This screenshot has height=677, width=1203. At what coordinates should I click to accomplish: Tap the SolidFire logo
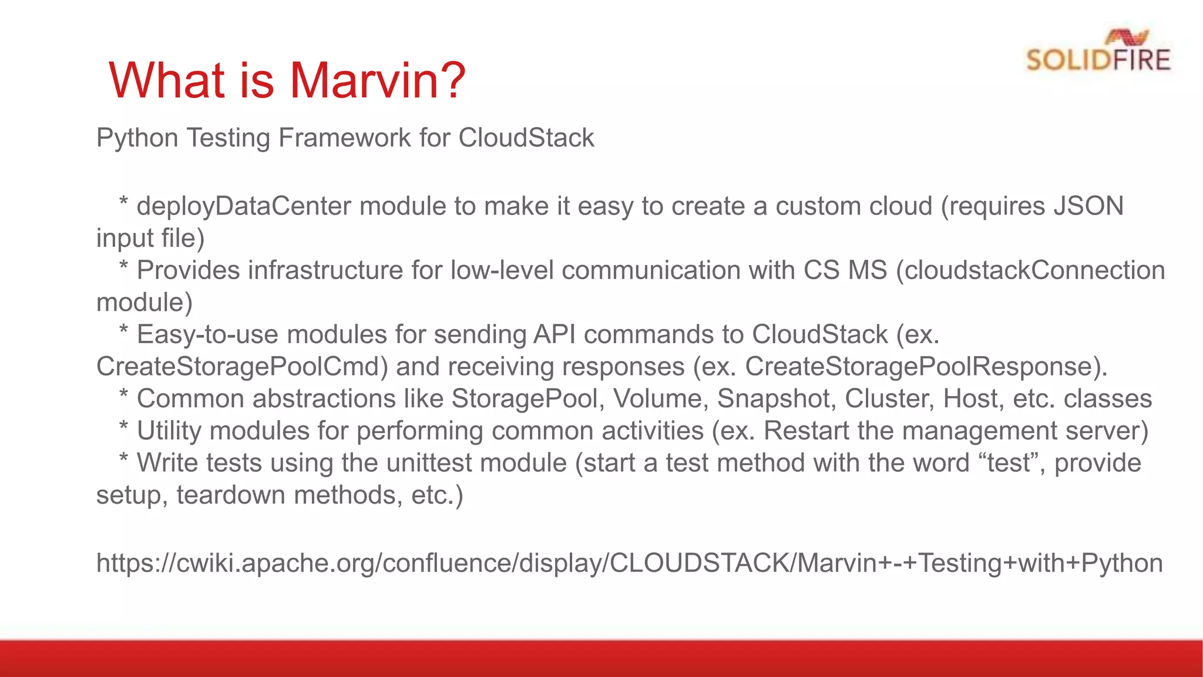[x=1098, y=52]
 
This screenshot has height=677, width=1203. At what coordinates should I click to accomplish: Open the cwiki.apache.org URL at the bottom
[x=629, y=563]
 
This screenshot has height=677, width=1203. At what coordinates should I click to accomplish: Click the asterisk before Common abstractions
[x=123, y=395]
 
